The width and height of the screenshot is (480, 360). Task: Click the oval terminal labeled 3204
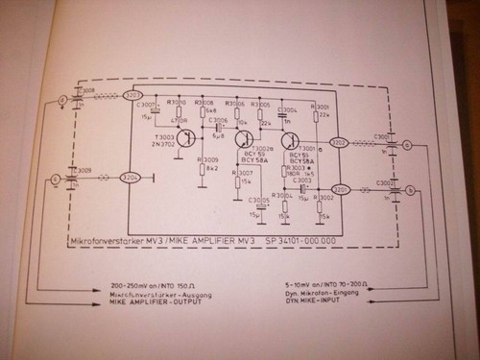click(130, 178)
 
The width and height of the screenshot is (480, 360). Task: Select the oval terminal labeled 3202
click(339, 143)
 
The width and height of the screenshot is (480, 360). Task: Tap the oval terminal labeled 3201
click(339, 189)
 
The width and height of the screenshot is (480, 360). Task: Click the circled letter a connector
click(407, 144)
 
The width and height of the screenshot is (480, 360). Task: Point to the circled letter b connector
click(411, 191)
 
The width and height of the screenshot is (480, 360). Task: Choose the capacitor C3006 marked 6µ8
click(219, 127)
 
